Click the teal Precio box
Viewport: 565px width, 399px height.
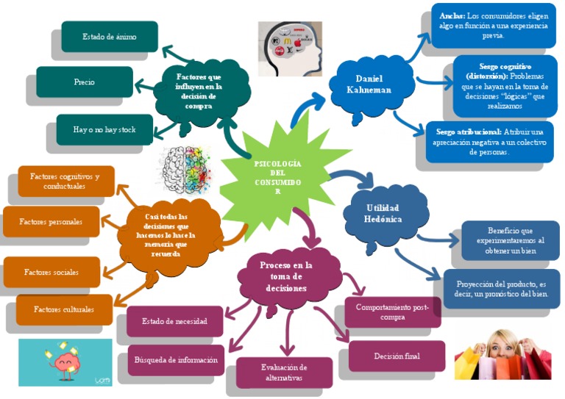coord(85,82)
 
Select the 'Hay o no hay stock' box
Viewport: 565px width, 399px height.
coord(104,129)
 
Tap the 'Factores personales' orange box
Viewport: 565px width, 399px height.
coord(51,221)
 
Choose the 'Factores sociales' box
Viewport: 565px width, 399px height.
coord(51,272)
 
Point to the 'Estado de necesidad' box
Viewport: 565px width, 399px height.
coord(174,321)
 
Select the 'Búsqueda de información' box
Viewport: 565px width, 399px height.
coord(176,360)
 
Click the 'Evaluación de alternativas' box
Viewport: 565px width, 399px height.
coord(284,372)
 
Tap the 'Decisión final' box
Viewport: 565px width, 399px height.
coord(397,356)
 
